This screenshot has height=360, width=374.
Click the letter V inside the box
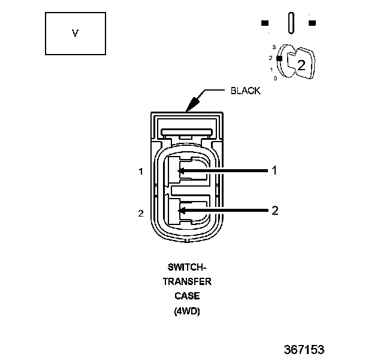click(76, 33)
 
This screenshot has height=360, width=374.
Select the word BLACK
click(246, 91)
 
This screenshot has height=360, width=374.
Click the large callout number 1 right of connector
click(275, 170)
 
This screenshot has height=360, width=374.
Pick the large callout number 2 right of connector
click(275, 211)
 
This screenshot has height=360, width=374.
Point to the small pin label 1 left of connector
click(141, 172)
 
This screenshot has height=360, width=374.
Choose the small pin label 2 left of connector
click(141, 213)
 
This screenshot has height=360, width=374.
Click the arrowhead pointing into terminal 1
click(181, 171)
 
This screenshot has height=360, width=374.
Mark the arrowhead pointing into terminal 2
click(181, 211)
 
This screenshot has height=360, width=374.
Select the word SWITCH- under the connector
click(187, 267)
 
